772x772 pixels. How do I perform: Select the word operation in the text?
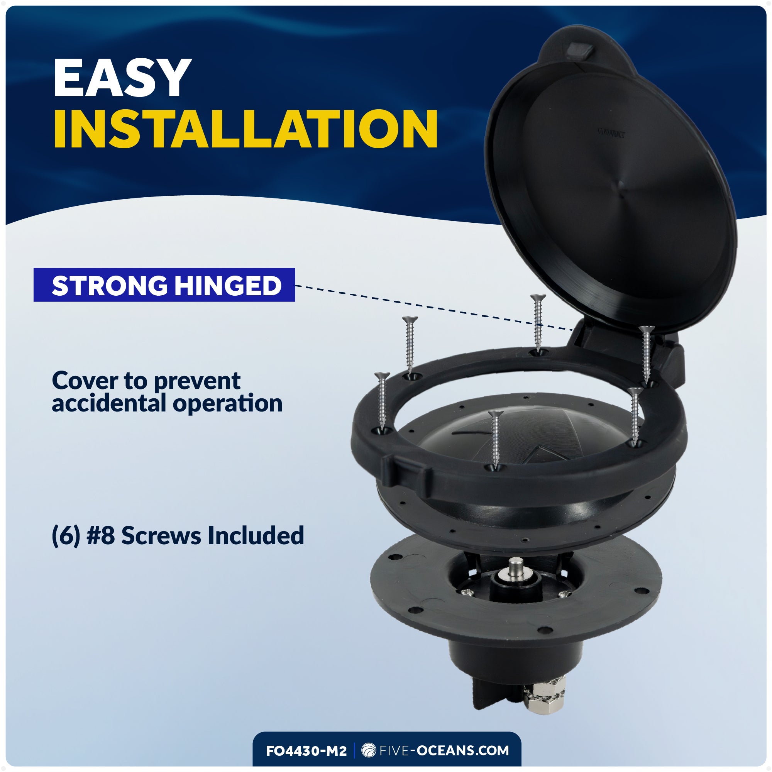click(x=228, y=404)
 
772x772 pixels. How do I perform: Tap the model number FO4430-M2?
click(x=306, y=751)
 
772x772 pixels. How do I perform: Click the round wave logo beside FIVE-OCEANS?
click(x=368, y=750)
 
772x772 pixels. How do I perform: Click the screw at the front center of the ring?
click(x=496, y=440)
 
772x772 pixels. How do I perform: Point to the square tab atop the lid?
click(x=580, y=50)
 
